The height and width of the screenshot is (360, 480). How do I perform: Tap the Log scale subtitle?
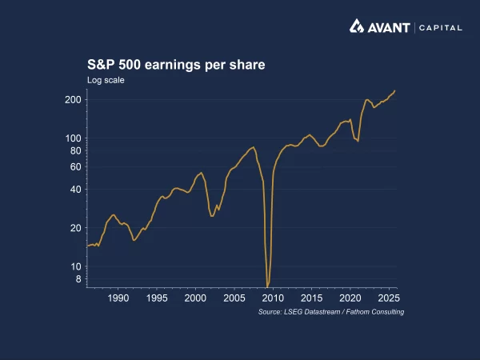pos(106,79)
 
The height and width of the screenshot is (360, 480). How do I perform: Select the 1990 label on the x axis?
pos(118,298)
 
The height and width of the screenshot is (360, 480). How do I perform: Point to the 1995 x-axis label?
pos(157,298)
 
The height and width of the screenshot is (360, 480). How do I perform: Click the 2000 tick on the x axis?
pos(195,298)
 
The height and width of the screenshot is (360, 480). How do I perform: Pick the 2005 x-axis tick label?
pos(234,298)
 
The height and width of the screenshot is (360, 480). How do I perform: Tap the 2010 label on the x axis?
pos(272,298)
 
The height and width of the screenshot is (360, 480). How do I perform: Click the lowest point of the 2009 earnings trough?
pos(267,286)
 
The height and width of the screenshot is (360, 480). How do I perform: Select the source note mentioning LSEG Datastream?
pos(331,311)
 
